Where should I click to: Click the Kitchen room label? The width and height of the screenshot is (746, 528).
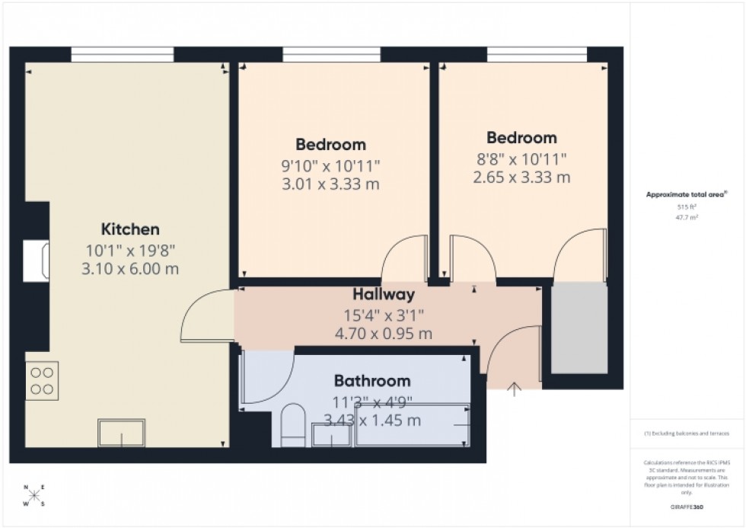[x=130, y=229]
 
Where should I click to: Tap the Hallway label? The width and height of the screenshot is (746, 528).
[x=383, y=295]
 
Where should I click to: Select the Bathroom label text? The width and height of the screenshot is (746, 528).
[x=372, y=381]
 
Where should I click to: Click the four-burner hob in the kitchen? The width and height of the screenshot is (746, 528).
[x=42, y=380]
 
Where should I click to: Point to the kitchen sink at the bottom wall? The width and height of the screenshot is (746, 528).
[x=121, y=433]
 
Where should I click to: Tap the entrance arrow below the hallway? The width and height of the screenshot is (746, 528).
[x=515, y=389]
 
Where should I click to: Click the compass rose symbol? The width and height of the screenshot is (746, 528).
[x=34, y=496]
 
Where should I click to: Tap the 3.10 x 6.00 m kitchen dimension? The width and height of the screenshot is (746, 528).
[x=130, y=268]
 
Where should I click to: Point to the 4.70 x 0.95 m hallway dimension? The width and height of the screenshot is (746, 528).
[x=383, y=333]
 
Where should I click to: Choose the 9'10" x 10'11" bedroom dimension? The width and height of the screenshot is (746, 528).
[x=330, y=164]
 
